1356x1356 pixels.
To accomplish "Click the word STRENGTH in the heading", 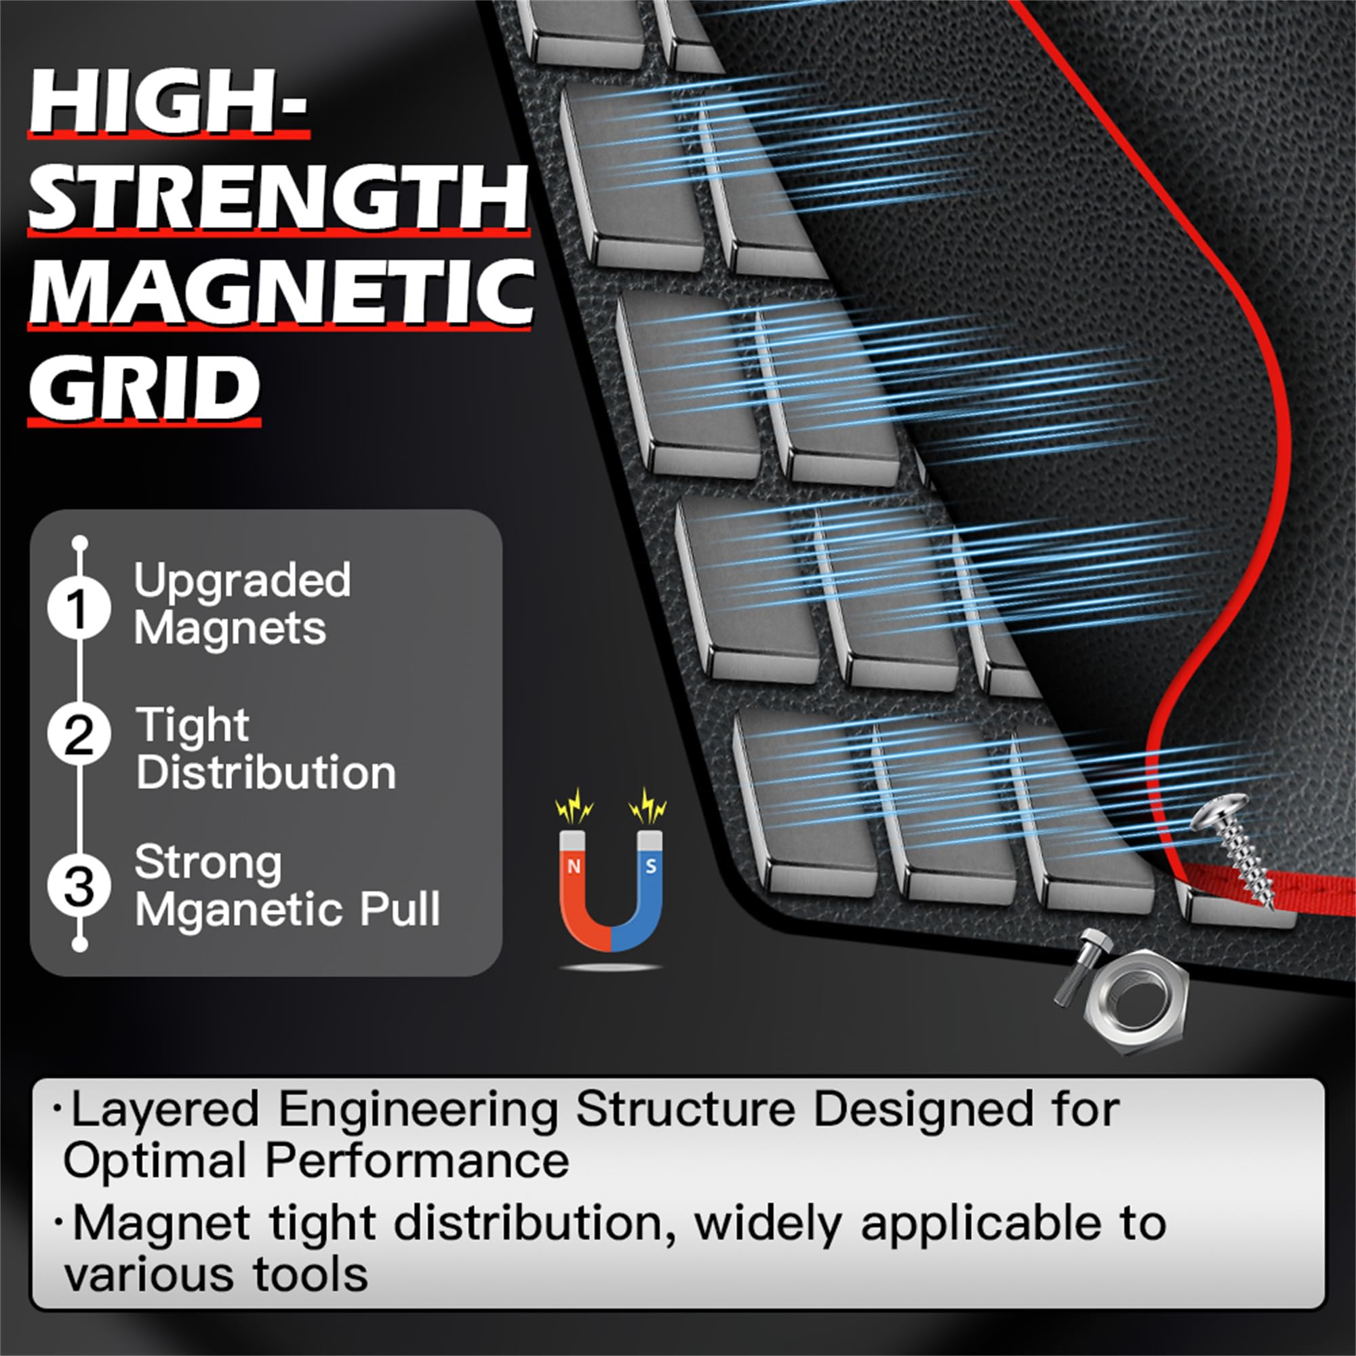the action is click(x=279, y=198).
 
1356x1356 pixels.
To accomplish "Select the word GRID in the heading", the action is click(x=144, y=386).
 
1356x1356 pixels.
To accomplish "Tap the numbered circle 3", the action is click(x=79, y=885).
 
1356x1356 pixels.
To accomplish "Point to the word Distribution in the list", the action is click(x=266, y=773).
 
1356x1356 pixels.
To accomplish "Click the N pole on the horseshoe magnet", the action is click(x=574, y=866).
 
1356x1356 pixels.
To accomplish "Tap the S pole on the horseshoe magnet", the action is click(x=651, y=866).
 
